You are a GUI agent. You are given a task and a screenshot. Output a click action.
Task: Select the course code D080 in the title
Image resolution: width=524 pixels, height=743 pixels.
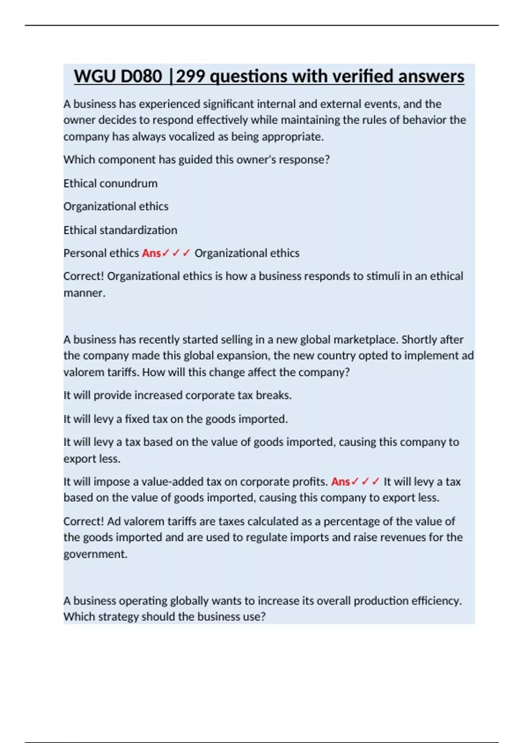(141, 76)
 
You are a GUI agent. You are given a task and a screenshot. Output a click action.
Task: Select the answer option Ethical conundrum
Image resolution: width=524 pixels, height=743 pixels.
(110, 183)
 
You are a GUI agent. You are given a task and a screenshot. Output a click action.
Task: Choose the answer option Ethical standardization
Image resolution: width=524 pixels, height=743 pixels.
(120, 230)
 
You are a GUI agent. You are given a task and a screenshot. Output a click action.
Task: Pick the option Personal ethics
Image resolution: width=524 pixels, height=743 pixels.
(101, 253)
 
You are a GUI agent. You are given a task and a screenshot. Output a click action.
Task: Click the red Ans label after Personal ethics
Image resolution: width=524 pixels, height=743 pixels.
(151, 253)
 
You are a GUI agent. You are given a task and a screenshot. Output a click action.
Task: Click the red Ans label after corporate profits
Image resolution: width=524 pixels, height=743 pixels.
(341, 482)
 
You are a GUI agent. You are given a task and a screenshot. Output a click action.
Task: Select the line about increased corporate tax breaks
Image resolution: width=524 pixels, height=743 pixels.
(177, 395)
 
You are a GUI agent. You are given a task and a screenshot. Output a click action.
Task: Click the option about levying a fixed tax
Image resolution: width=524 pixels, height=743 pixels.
(176, 419)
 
